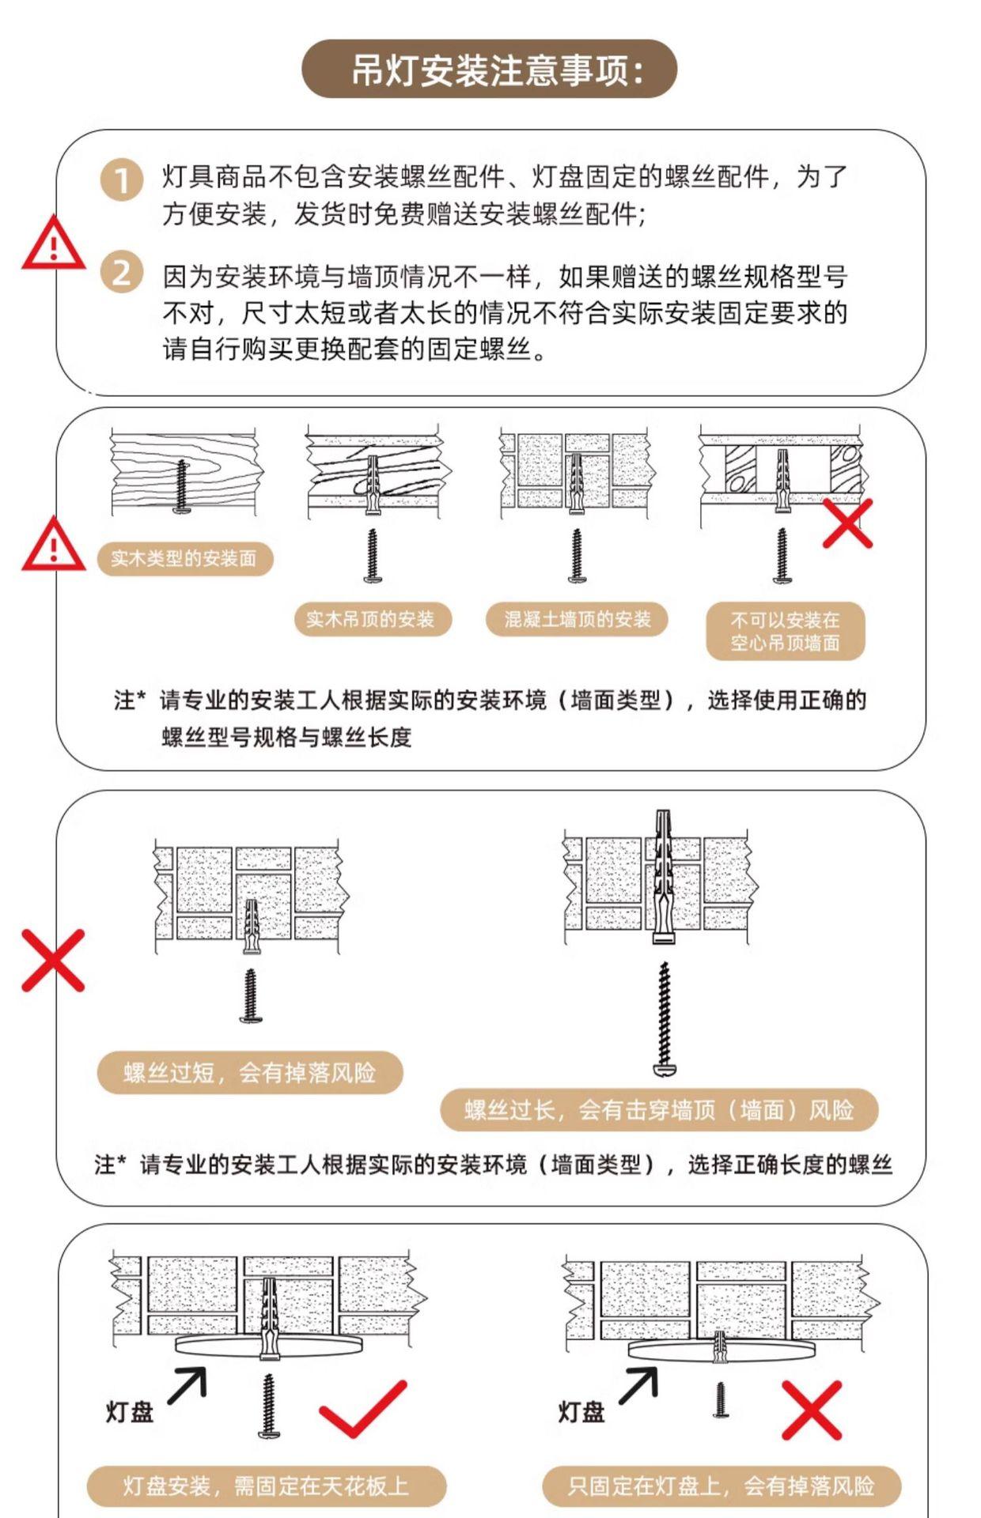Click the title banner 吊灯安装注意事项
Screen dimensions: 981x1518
490,70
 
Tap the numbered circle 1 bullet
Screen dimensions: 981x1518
121,179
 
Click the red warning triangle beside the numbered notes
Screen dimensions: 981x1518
53,244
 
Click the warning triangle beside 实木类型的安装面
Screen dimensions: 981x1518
53,545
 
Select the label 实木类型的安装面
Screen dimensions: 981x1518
184,559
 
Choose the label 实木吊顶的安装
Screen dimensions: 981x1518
371,619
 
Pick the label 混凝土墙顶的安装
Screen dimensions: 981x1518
578,619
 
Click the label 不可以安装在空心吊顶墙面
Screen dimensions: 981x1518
786,631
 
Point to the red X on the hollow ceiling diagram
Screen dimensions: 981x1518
847,523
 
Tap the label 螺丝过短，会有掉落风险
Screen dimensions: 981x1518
250,1073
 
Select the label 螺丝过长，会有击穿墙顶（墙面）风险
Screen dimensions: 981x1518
659,1110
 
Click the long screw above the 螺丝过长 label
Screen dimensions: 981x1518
665,1018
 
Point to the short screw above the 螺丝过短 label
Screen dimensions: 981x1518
251,996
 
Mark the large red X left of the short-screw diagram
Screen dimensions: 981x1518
53,960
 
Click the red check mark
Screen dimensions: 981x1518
364,1408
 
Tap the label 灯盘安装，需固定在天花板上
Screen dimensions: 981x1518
267,1486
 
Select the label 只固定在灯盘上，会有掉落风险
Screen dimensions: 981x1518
722,1486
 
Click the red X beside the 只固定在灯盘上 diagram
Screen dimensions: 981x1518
812,1411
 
